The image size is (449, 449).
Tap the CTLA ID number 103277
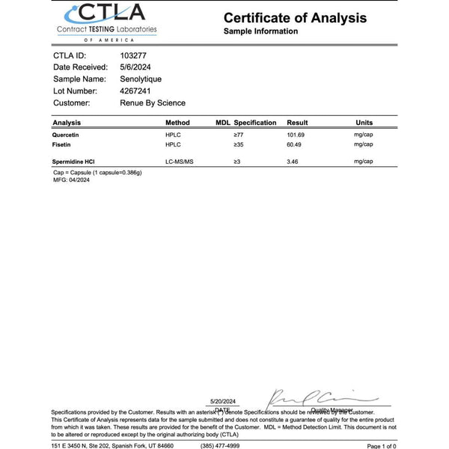click(x=134, y=55)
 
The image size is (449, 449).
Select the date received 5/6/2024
click(x=135, y=67)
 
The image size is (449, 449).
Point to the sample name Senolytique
click(x=141, y=79)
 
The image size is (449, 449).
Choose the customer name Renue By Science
click(x=153, y=103)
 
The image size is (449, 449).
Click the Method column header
click(x=177, y=122)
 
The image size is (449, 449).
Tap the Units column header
click(x=364, y=122)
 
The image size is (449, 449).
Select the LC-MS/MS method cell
click(x=180, y=161)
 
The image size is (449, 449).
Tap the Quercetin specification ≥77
click(x=239, y=135)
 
